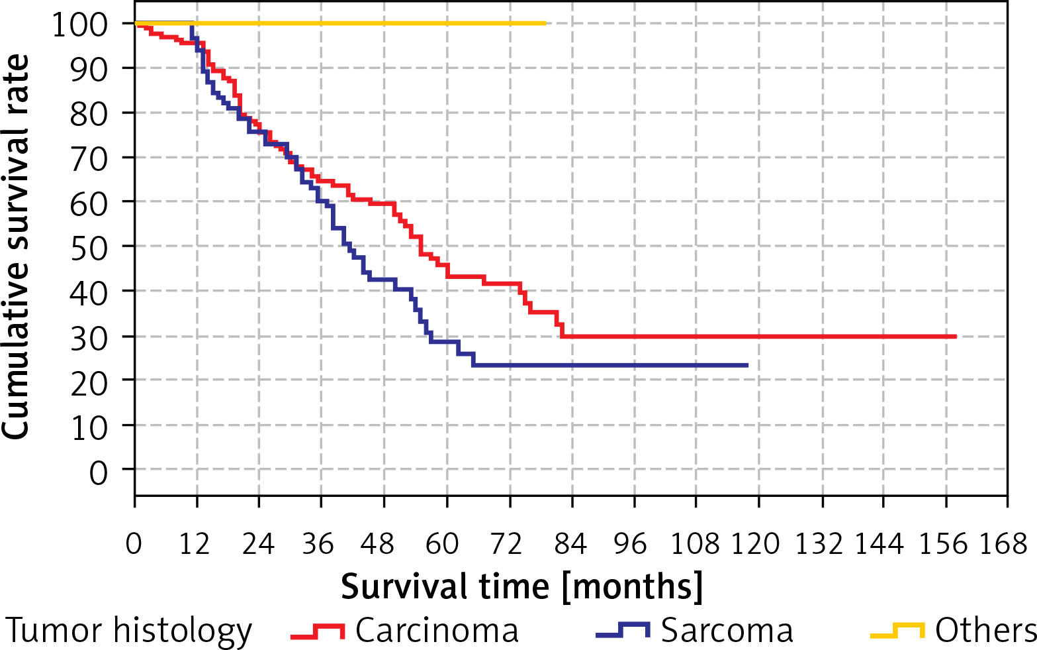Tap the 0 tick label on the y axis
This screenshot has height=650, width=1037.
coord(99,473)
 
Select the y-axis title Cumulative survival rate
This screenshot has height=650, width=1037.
coord(17,246)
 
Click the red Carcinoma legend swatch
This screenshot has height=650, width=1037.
coord(318,631)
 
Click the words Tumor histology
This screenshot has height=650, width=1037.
coord(129,631)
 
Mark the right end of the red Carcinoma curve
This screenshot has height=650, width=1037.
coord(956,337)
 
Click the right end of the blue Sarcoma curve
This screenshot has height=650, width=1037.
coord(747,365)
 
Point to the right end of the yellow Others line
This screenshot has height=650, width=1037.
coord(545,23)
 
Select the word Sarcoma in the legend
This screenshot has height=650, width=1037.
coord(727,631)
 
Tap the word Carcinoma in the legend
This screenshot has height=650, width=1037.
coord(437,631)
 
